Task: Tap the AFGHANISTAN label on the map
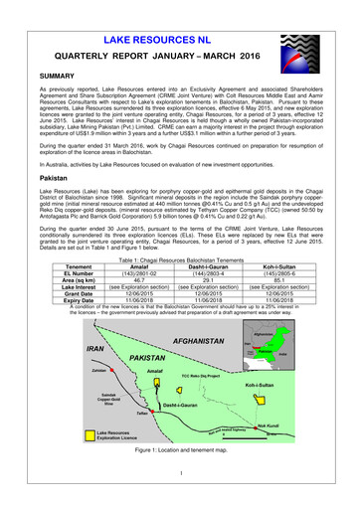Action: [206, 340]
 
